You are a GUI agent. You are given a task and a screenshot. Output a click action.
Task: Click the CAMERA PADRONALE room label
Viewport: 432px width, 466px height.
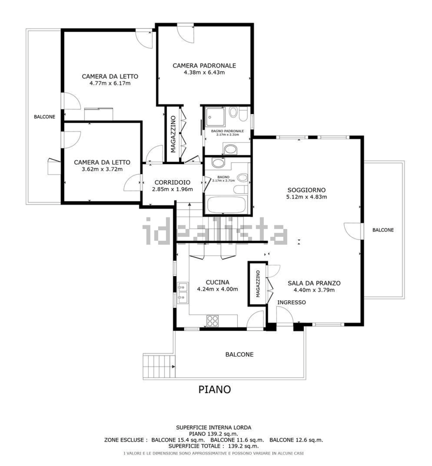[204, 66]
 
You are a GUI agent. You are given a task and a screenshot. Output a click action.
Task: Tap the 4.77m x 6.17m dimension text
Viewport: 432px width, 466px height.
[110, 83]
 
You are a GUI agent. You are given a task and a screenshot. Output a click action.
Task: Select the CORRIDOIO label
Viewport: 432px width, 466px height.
[172, 182]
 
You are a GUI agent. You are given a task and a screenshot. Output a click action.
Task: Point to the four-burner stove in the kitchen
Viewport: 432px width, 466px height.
[212, 321]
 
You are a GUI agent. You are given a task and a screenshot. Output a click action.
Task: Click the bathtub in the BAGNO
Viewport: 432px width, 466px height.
[226, 205]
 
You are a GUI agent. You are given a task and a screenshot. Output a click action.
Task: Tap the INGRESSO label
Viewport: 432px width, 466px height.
[292, 303]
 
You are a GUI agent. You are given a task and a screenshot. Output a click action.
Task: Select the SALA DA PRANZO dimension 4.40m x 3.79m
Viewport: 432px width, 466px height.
[314, 290]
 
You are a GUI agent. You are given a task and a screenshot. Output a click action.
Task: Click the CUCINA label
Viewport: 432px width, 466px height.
[217, 282]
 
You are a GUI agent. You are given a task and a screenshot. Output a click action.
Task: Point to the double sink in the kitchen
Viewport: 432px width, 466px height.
[183, 293]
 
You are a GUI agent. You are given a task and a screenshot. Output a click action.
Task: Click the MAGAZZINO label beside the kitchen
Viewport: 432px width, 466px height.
[258, 284]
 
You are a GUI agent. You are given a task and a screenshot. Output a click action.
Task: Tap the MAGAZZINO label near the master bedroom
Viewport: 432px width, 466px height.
[173, 134]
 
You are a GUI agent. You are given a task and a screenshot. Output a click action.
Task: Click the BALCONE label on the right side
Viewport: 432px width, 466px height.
[383, 230]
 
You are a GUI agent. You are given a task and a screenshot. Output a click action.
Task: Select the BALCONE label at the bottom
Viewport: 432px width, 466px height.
[239, 354]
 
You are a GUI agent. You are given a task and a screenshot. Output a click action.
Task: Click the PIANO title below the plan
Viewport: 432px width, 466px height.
[215, 390]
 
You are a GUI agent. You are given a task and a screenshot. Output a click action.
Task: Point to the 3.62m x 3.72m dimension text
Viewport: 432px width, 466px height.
[102, 169]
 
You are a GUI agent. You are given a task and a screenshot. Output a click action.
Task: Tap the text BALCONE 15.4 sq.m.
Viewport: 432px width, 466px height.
[178, 440]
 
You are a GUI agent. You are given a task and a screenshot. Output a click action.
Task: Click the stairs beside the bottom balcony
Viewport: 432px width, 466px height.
[159, 367]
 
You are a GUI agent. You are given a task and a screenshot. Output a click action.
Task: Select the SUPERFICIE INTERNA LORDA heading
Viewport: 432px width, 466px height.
[213, 427]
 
